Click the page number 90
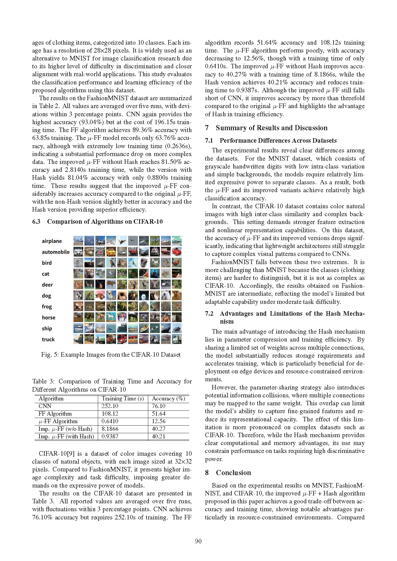(198, 541)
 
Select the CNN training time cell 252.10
(110, 406)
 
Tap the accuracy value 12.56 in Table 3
(159, 421)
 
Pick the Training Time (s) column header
(123, 399)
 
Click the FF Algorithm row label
(55, 414)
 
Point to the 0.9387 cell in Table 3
(110, 437)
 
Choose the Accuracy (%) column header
(168, 399)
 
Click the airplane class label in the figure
(52, 241)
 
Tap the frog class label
(47, 307)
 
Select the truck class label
(48, 339)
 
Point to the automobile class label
(56, 252)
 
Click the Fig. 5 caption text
(111, 355)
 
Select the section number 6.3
(36, 222)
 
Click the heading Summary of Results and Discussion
(272, 128)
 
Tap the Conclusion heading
(233, 473)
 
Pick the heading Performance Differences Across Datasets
(278, 141)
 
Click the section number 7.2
(209, 314)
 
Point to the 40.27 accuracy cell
(159, 429)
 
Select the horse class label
(49, 318)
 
